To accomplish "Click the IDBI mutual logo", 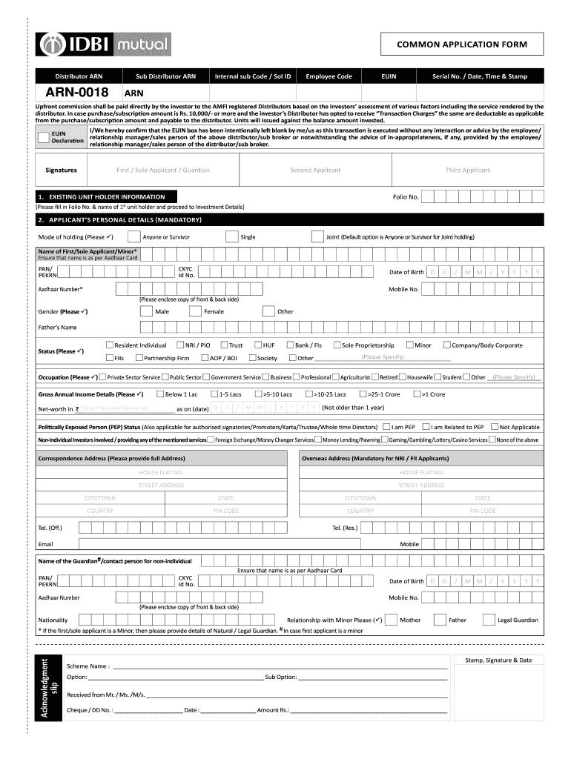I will click(105, 44).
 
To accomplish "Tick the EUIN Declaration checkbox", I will click(44, 137).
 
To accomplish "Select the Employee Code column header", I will click(329, 76).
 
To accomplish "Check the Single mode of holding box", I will click(231, 236).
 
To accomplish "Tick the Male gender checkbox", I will click(146, 311).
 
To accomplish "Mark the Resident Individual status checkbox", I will click(109, 345).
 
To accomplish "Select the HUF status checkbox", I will click(257, 345).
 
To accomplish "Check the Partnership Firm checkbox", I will click(138, 358).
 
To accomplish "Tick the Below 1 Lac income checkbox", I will click(159, 394).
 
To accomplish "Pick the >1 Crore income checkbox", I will click(417, 394).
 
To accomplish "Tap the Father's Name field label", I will click(57, 327).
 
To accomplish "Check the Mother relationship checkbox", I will click(392, 620).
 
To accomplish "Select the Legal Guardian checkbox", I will click(489, 620).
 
